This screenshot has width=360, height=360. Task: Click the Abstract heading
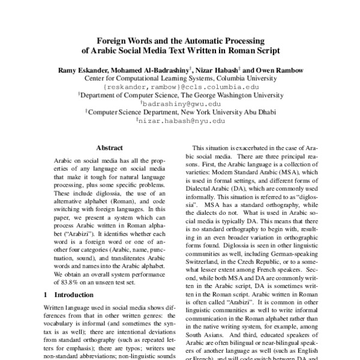click(109, 148)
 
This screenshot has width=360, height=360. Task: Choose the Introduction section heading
click(72, 295)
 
